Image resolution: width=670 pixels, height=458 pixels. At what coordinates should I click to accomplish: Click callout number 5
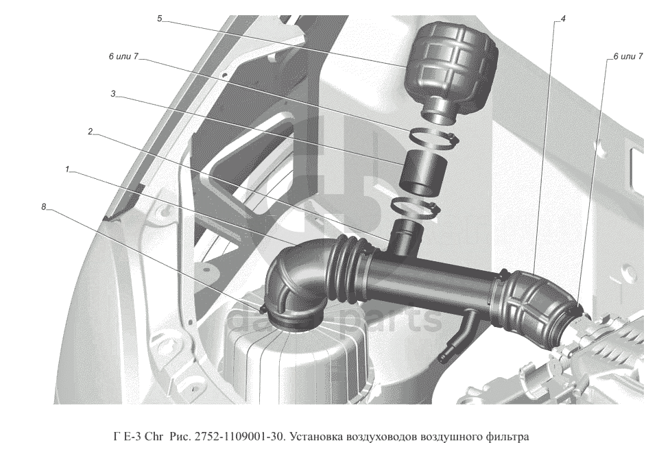160,19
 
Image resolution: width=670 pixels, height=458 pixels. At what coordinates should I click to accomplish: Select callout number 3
113,93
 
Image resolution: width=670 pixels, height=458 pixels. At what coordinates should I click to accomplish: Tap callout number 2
90,132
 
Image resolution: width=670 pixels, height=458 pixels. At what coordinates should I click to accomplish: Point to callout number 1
67,169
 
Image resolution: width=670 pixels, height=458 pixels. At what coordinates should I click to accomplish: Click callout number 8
44,207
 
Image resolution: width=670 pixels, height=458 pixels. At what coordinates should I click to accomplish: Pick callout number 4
563,19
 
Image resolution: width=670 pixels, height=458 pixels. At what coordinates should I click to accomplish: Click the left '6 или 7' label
123,56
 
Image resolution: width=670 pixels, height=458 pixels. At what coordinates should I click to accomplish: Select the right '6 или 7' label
627,56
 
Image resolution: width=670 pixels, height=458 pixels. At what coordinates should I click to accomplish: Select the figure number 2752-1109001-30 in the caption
240,437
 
